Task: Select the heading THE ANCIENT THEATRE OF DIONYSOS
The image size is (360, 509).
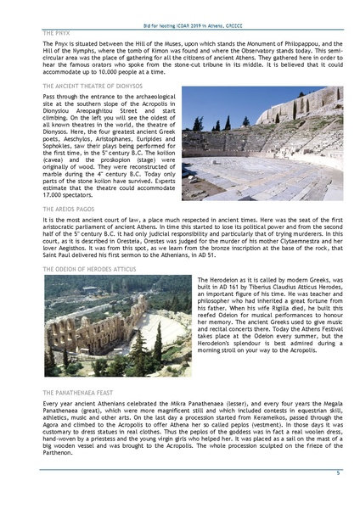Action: tap(93, 86)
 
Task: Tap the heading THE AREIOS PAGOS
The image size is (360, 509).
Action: tap(70, 207)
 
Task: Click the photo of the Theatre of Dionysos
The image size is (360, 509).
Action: tap(262, 142)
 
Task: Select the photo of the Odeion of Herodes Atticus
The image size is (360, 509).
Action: tap(116, 326)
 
